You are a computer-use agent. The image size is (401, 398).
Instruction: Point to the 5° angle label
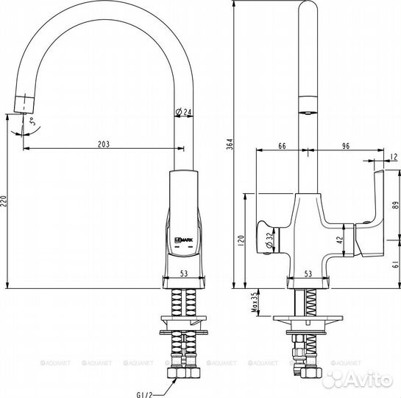[29, 122]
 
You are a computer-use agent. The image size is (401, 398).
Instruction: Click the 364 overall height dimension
[229, 144]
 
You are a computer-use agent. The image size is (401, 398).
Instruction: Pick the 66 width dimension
[282, 146]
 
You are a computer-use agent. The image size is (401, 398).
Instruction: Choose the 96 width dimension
[345, 146]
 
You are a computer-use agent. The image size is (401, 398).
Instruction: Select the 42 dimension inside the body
[339, 238]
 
